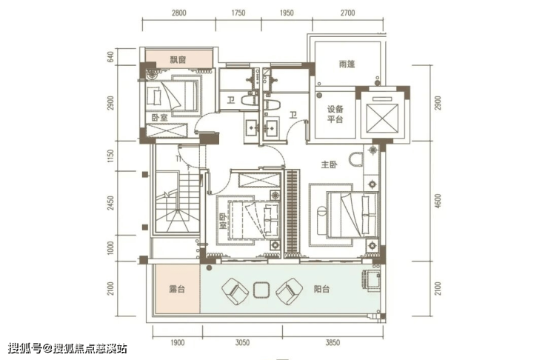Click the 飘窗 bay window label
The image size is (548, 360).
[x=178, y=60]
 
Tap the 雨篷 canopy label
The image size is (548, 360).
[x=347, y=64]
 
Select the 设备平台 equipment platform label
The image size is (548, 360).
[x=335, y=114]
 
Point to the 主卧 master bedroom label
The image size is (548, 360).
[x=330, y=164]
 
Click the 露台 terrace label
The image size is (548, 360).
[x=177, y=290]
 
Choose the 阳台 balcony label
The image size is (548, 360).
[x=321, y=290]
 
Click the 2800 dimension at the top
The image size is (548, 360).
[x=179, y=13]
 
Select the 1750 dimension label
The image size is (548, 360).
[x=238, y=13]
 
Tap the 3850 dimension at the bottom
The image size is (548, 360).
[x=333, y=343]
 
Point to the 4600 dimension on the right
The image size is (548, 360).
[x=438, y=201]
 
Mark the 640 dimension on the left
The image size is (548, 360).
[x=111, y=57]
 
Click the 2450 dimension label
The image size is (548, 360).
[x=111, y=203]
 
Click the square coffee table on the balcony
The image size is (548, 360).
[x=261, y=290]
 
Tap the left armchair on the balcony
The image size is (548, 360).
[x=235, y=291]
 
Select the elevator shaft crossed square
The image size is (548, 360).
[x=382, y=119]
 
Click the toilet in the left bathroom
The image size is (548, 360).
[x=250, y=101]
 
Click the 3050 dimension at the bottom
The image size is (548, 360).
[x=243, y=343]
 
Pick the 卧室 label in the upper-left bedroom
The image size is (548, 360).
[x=160, y=118]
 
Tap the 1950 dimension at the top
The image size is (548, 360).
[x=287, y=13]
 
